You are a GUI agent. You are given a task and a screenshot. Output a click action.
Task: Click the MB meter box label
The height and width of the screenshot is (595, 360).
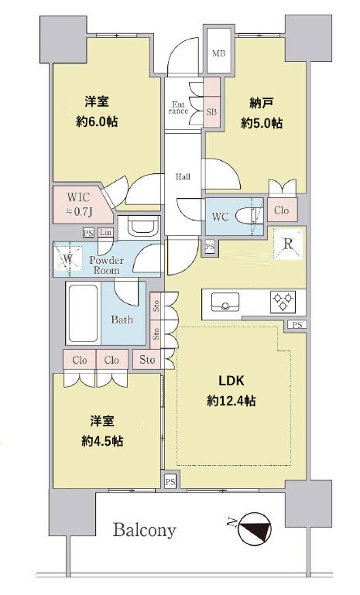click(x=218, y=53)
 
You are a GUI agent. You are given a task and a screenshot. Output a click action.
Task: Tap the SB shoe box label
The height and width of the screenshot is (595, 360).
click(x=211, y=112)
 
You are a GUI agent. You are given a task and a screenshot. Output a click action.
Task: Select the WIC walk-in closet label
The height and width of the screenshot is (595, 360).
click(x=78, y=197)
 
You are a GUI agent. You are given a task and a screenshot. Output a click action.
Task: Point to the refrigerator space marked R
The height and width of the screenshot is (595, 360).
click(x=288, y=244)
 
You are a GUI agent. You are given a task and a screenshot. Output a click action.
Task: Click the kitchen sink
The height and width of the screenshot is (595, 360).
click(x=225, y=302)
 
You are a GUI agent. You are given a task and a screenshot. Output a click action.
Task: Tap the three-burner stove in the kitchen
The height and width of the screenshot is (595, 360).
click(x=283, y=301)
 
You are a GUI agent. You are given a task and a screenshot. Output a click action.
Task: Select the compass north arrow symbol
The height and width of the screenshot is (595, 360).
click(x=255, y=528)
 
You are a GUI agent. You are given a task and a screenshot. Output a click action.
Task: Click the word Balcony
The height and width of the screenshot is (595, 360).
click(x=144, y=530)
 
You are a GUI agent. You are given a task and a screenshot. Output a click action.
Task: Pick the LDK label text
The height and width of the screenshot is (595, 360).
click(x=231, y=380)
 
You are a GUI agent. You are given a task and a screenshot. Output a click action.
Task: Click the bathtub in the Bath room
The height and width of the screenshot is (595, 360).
click(x=83, y=313)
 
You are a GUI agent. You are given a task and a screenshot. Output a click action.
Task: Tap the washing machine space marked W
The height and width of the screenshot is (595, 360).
click(x=67, y=260)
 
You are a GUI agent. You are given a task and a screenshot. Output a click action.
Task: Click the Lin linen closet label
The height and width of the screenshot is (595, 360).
click(x=105, y=232)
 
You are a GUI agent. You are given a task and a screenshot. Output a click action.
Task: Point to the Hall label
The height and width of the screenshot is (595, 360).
click(x=183, y=176)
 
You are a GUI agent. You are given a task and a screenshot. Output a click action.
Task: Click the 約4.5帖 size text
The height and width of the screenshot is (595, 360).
click(x=101, y=441)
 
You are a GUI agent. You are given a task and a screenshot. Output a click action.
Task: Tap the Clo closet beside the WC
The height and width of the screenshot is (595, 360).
click(x=281, y=210)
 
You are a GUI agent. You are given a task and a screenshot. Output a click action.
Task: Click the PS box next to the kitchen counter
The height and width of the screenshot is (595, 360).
click(x=297, y=325)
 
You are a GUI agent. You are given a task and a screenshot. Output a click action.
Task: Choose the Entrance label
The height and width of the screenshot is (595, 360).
click(x=178, y=108)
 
